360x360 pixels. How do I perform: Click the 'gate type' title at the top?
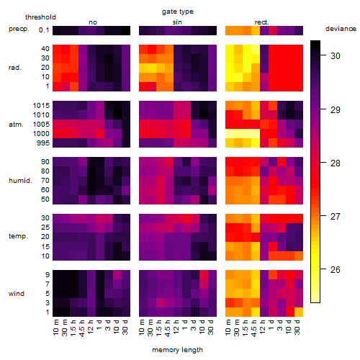pos(178,12)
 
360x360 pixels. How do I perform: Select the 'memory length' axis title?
pos(177,350)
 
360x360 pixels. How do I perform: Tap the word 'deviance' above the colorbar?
pos(341,29)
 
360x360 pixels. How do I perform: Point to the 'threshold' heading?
pos(40,17)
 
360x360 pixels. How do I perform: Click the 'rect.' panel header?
pos(262,22)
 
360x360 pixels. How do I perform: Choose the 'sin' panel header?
pos(177,22)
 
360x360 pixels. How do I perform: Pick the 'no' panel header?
pos(93,22)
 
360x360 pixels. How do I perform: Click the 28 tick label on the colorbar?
pos(336,163)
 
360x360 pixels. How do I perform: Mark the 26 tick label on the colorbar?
pos(336,270)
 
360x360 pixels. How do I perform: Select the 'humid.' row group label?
pos(20,181)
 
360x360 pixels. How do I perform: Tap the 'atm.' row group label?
pos(16,125)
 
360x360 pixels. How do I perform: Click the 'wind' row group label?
pos(17,294)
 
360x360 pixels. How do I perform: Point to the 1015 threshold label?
pos(41,106)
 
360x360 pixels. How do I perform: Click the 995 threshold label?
pos(43,143)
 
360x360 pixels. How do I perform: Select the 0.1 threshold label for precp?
pos(44,30)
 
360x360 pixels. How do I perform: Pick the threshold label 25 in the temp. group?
pos(45,228)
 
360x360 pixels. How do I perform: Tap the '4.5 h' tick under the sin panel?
pos(168,328)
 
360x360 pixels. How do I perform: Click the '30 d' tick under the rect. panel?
pos(297,328)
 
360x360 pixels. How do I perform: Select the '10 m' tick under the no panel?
pos(55,328)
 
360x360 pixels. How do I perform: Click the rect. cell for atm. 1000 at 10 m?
pos(230,134)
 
